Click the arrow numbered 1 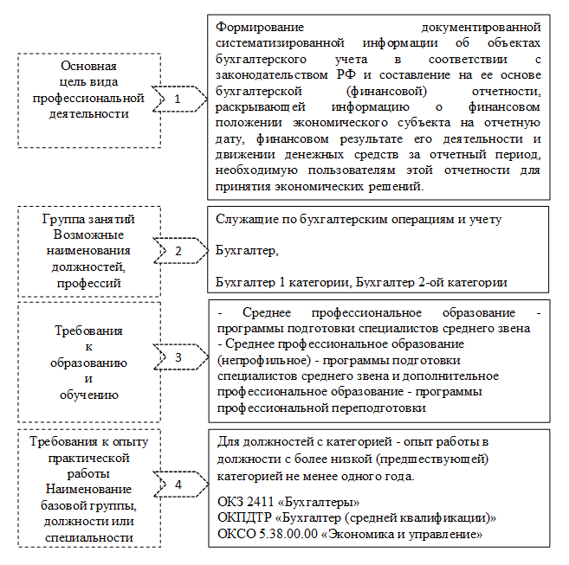tap(177, 100)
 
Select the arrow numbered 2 tap(177, 251)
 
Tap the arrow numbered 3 tap(177, 356)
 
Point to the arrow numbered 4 tap(177, 485)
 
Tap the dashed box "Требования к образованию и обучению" tap(89, 356)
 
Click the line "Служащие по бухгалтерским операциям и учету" tap(358, 220)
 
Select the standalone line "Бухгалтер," tap(247, 251)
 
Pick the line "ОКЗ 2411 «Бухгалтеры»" tap(287, 503)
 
